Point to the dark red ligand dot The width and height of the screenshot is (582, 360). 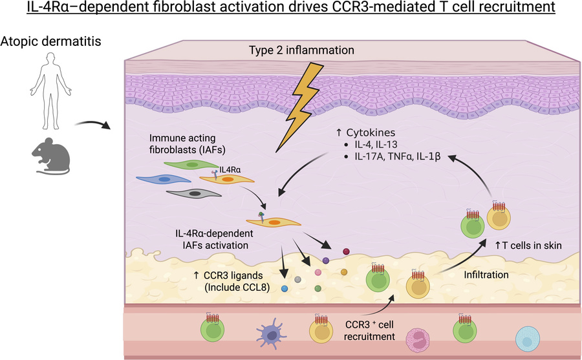click(346, 250)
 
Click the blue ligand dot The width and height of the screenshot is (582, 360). click(284, 289)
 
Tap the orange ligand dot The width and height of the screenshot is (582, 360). click(343, 271)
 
